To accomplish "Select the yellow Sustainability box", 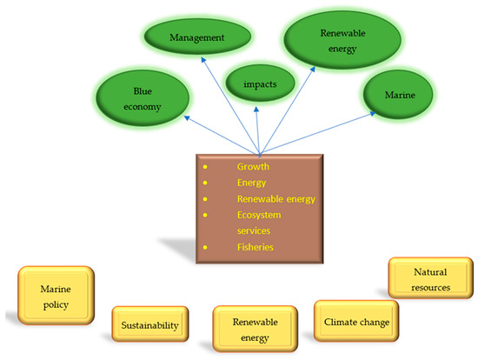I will click(x=149, y=326).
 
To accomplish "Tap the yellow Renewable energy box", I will click(x=255, y=328).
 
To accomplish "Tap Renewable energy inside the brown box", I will click(x=276, y=198).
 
